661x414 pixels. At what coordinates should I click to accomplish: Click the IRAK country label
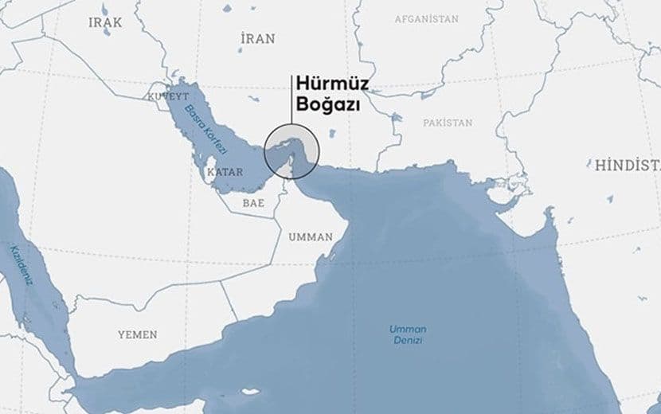105,22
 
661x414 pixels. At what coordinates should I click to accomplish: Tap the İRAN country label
256,37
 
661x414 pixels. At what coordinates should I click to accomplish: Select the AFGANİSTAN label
427,18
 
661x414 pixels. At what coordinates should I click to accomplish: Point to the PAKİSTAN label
448,123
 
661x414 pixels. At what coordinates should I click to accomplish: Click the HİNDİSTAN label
627,165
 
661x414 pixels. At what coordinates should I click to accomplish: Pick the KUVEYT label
166,96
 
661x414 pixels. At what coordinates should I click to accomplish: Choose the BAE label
253,203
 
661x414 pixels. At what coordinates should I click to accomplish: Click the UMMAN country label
311,236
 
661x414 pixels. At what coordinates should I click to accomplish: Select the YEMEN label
137,334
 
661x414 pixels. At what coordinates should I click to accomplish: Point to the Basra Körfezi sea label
206,130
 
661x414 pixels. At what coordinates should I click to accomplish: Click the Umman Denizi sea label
408,334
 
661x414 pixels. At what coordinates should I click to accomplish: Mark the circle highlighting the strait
291,150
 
